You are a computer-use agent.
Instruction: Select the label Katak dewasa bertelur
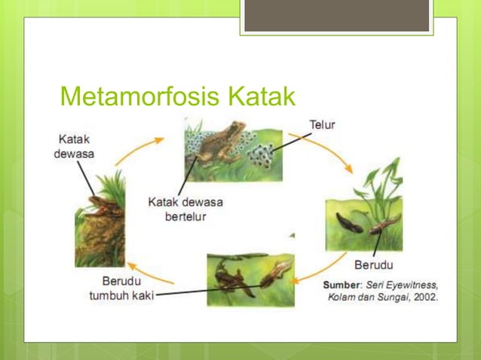[185, 209]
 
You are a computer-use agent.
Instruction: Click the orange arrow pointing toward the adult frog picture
[148, 275]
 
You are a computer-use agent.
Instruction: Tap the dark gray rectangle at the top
[336, 15]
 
